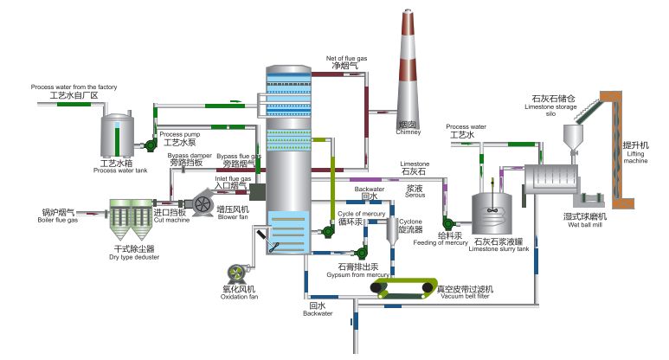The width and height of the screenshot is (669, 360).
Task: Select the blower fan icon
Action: coord(204,202)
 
